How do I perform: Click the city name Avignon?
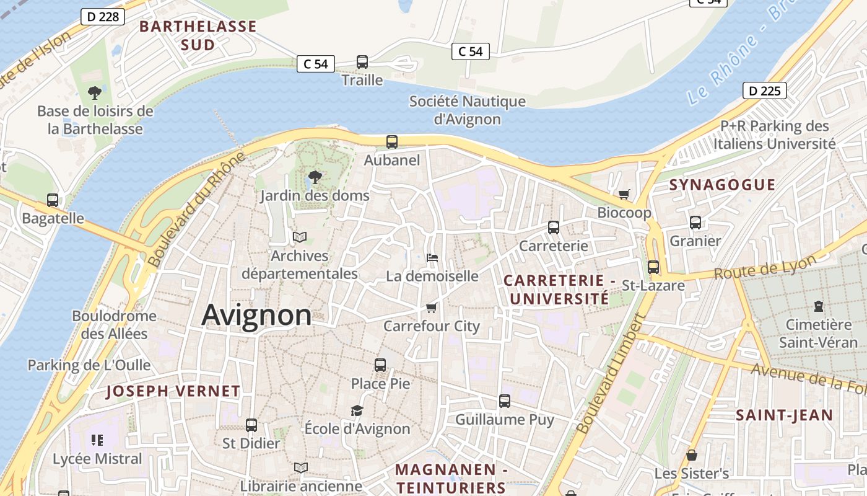click(x=256, y=315)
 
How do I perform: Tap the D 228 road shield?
click(x=103, y=17)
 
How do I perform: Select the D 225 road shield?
click(x=764, y=91)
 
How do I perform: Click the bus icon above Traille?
click(x=362, y=62)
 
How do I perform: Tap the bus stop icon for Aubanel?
click(x=392, y=142)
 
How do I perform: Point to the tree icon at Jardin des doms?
click(x=315, y=177)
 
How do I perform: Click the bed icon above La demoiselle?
click(x=432, y=258)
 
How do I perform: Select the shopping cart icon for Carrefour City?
click(x=432, y=308)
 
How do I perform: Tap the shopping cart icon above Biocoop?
click(x=624, y=195)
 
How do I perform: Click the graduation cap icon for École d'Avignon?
click(x=357, y=410)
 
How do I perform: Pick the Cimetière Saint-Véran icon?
click(x=819, y=306)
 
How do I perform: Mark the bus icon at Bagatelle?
click(x=53, y=200)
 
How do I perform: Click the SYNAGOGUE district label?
click(x=722, y=185)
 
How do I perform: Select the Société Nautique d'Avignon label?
click(x=467, y=110)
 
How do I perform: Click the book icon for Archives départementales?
click(x=300, y=237)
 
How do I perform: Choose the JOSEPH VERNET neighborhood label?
click(x=173, y=391)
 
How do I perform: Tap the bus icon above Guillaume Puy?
click(x=505, y=401)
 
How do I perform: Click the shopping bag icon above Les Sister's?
click(x=692, y=456)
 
